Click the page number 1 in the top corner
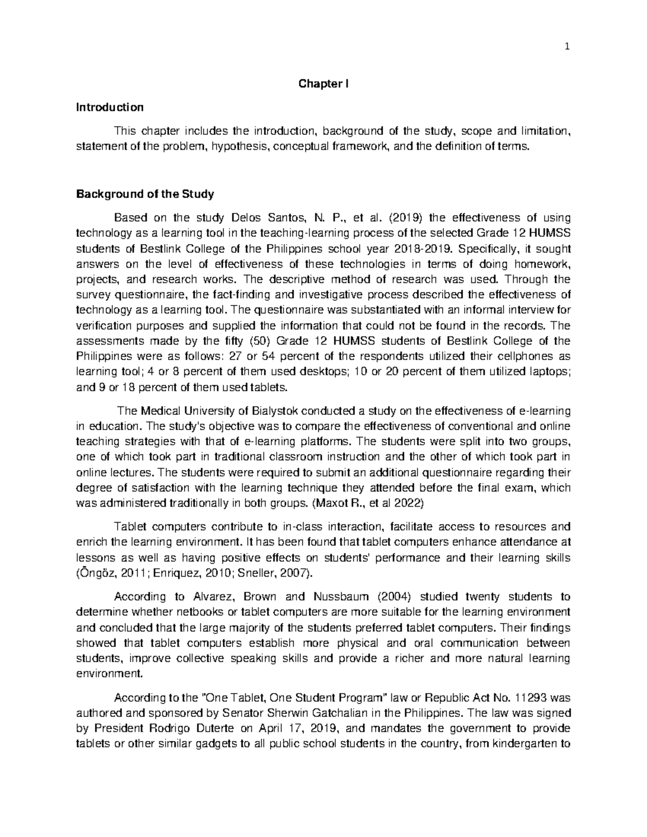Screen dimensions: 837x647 click(567, 46)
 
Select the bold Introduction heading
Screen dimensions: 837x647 click(110, 107)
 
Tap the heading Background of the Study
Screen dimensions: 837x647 click(146, 194)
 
